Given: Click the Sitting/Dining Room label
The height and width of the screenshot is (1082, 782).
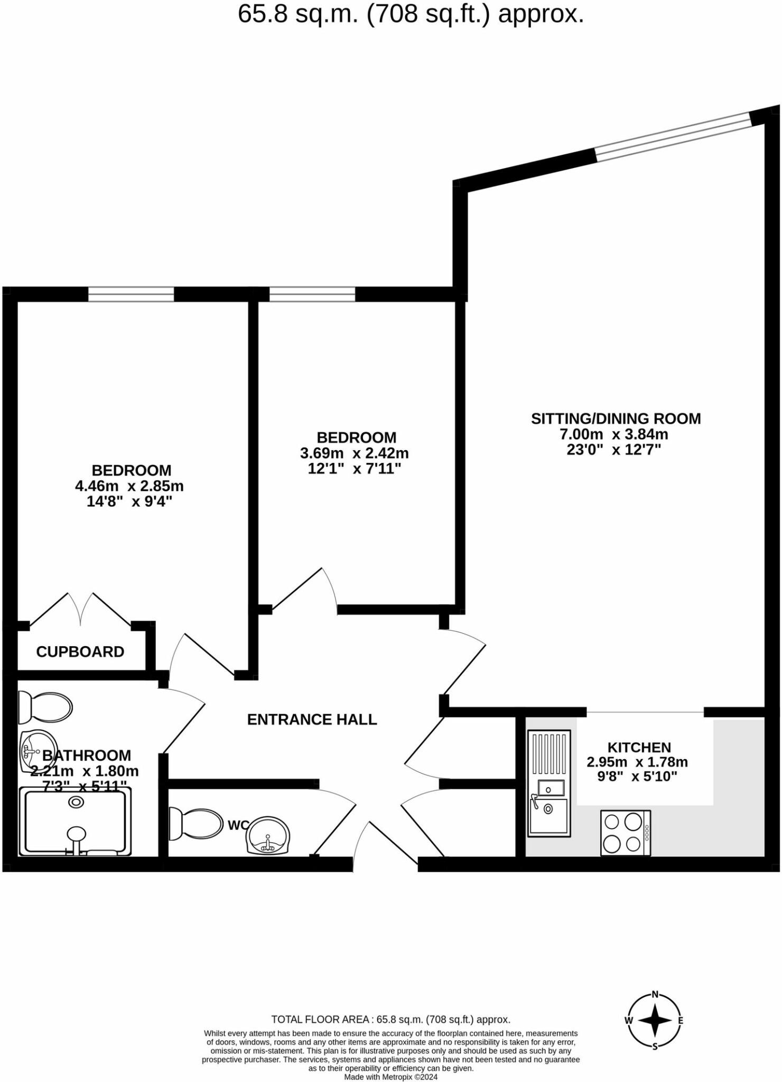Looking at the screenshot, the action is (616, 418).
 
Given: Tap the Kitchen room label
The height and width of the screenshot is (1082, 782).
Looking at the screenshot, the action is (639, 747).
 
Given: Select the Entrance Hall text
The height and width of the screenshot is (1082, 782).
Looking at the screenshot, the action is (312, 719).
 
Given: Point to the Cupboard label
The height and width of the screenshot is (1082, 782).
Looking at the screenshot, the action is (80, 651).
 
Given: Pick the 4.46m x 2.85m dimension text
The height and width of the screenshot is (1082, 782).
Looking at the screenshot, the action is (129, 486).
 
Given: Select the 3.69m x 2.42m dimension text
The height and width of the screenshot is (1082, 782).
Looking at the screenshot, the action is (355, 453).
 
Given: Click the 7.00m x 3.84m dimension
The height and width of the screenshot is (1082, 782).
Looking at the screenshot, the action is (614, 434).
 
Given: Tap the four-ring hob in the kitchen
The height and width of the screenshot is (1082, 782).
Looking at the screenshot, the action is (626, 833).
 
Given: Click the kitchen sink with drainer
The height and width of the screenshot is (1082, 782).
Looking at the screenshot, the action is (550, 783).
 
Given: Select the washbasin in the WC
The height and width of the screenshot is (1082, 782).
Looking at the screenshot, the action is (268, 836).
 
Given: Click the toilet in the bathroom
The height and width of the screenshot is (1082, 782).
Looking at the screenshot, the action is (45, 707).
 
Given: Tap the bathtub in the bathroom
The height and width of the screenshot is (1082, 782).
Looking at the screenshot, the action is (75, 822).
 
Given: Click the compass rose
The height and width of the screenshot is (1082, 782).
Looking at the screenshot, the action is (655, 1020).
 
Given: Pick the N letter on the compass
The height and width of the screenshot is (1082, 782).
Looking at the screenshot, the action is (655, 994).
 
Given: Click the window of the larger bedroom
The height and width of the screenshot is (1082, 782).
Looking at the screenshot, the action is (131, 294).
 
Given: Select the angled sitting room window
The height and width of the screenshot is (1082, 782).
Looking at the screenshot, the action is (674, 136).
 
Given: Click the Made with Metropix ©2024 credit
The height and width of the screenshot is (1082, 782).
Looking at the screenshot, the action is (390, 1077).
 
